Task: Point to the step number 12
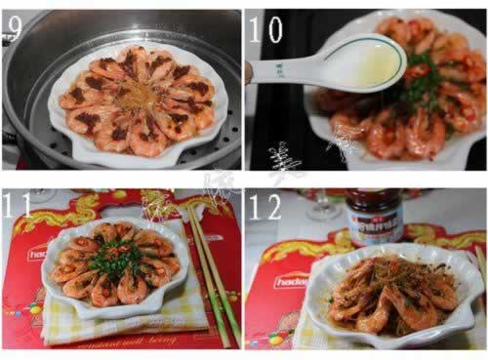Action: (x=266, y=206)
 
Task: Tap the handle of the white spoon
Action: (x=283, y=70)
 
